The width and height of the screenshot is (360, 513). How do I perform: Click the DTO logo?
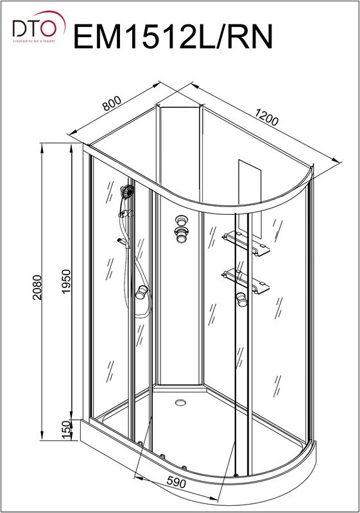coord(39,27)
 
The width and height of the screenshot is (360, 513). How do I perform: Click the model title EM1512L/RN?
coord(173,37)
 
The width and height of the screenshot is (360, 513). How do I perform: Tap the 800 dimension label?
coord(112,103)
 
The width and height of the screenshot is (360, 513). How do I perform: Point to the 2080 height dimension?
coord(37,287)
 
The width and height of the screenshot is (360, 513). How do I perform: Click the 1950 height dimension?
coord(66,282)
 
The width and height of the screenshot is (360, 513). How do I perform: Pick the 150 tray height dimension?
coord(66,430)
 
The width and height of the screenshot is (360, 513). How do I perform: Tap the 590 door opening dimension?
coord(176,482)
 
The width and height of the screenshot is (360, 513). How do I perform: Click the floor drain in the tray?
coord(180,403)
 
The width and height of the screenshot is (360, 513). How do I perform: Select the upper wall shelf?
coord(246,243)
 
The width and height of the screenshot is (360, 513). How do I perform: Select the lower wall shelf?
coord(245,281)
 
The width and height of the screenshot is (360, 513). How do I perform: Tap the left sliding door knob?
coord(142,292)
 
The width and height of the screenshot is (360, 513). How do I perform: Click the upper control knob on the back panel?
coord(180,219)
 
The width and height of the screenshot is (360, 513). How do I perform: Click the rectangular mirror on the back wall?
coord(250,199)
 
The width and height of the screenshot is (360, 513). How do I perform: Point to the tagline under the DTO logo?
coord(34,41)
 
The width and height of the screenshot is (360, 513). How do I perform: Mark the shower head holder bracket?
coord(126,214)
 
